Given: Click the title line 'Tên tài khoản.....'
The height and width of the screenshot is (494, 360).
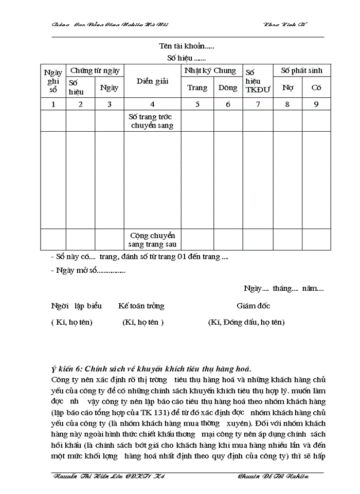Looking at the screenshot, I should click(186, 46).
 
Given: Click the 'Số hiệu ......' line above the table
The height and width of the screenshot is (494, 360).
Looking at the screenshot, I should click(186, 58).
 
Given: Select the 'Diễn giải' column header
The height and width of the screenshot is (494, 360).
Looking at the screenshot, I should click(152, 81).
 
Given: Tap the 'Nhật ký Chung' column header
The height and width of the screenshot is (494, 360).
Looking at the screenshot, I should click(210, 70).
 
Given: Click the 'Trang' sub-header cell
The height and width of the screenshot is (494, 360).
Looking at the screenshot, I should click(197, 87).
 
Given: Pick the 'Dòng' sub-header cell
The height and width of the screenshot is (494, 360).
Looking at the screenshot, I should click(228, 87).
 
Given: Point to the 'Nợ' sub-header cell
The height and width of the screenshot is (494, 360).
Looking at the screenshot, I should click(287, 87).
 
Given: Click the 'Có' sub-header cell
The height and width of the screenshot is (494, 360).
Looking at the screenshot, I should click(316, 87).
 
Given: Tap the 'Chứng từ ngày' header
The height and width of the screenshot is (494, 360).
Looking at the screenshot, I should click(95, 70).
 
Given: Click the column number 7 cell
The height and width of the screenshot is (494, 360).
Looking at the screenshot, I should click(258, 104).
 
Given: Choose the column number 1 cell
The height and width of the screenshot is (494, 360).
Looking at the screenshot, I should click(53, 104).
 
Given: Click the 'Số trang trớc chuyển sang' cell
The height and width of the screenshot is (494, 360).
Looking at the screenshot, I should click(152, 121).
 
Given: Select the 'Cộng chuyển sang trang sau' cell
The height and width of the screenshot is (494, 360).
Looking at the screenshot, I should click(152, 240).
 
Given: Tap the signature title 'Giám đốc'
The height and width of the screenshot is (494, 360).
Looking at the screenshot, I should click(253, 306).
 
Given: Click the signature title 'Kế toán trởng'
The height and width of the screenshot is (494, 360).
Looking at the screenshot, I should click(141, 306).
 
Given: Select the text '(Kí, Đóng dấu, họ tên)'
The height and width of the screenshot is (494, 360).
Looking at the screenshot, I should click(246, 322).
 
